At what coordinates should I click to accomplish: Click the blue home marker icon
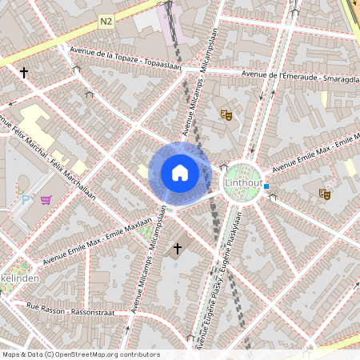pyautogui.click(x=179, y=173)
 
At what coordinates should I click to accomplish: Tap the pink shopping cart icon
pyautogui.click(x=46, y=199)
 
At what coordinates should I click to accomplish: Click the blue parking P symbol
pyautogui.click(x=25, y=199)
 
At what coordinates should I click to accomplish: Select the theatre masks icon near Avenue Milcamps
pyautogui.click(x=226, y=115)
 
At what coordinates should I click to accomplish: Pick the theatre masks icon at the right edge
pyautogui.click(x=325, y=194)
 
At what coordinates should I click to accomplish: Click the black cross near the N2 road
pyautogui.click(x=23, y=73)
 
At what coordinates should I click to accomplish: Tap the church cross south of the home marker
pyautogui.click(x=177, y=250)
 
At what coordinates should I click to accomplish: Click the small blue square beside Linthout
pyautogui.click(x=266, y=187)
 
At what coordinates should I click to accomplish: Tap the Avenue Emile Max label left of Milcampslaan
pyautogui.click(x=98, y=241)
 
